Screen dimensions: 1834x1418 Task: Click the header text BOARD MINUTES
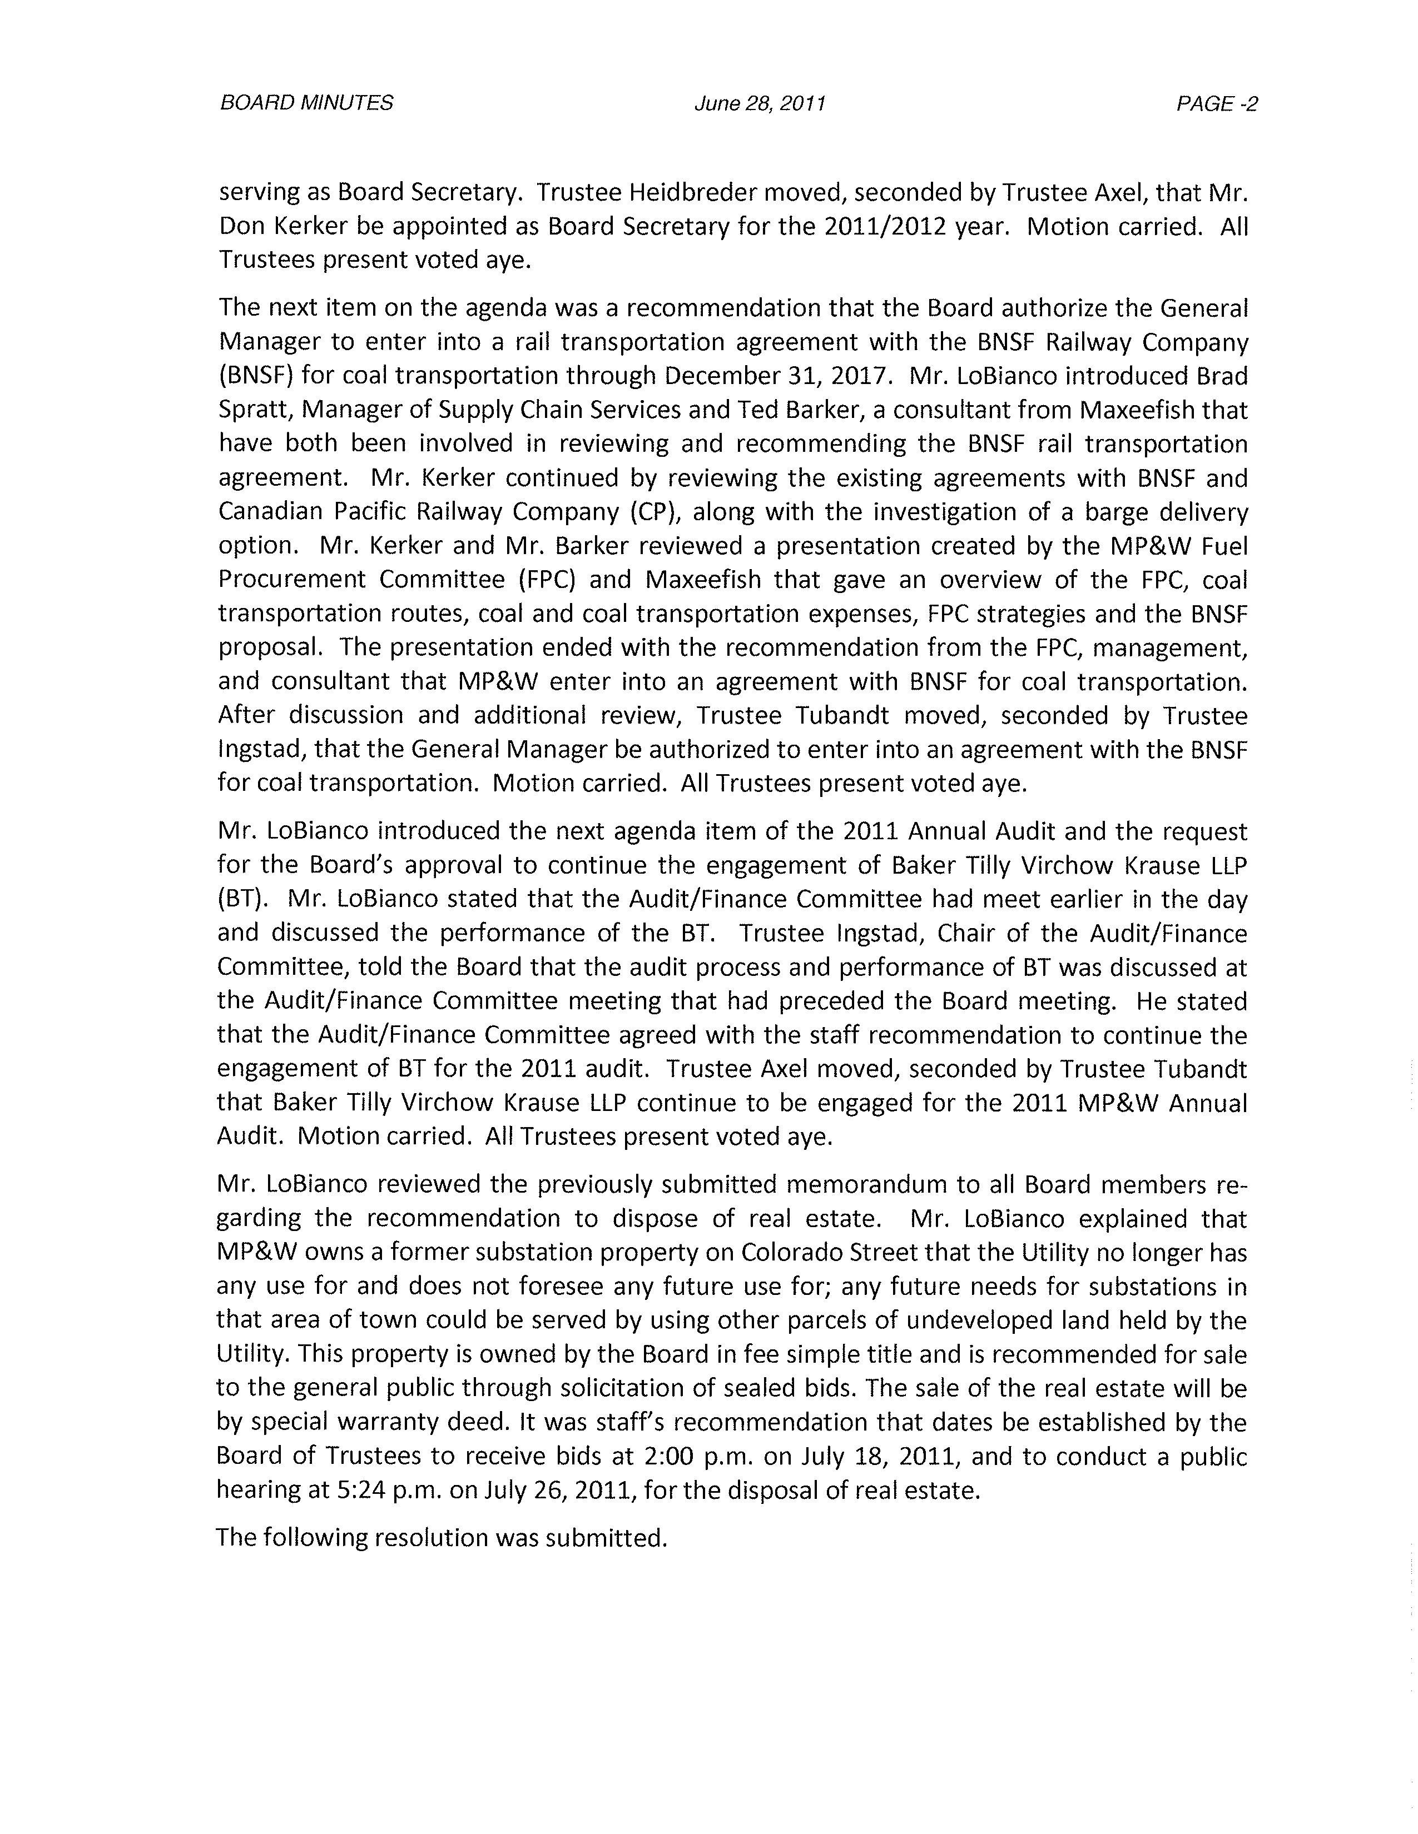point(306,103)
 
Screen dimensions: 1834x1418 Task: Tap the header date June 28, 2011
point(760,103)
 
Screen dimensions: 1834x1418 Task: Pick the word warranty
point(381,1422)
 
